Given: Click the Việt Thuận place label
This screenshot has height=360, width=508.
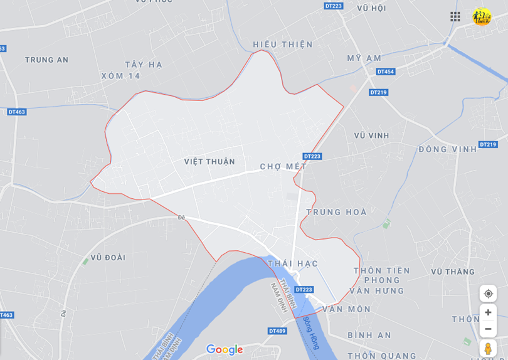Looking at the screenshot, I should tap(209, 162).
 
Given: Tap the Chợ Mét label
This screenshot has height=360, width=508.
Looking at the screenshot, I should tap(283, 167).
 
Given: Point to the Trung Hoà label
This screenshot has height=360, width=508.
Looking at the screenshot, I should tap(337, 212).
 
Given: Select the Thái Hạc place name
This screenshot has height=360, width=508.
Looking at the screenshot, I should tap(293, 263).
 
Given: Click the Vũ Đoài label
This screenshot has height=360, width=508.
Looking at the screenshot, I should tap(108, 257).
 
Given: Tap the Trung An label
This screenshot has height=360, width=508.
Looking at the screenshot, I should tap(46, 60).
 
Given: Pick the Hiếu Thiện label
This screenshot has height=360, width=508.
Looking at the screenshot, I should tap(283, 45).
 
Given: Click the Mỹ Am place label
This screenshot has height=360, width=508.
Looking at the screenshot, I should tap(364, 58).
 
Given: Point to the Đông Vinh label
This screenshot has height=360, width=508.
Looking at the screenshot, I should tap(448, 149).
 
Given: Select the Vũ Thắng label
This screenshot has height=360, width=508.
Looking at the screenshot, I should tap(453, 272).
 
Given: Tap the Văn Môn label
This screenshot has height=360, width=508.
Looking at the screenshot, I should tap(347, 309).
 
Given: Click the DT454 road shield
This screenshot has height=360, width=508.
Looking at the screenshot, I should tap(386, 71).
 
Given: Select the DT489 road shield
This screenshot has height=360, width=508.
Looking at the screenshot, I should tap(277, 331).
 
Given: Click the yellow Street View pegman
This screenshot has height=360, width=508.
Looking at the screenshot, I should tap(488, 348).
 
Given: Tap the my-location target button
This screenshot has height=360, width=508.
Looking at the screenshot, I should tap(488, 294).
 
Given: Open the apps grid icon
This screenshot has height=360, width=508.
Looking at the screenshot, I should tap(455, 16).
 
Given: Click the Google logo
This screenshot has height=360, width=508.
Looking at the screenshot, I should tap(224, 349).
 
